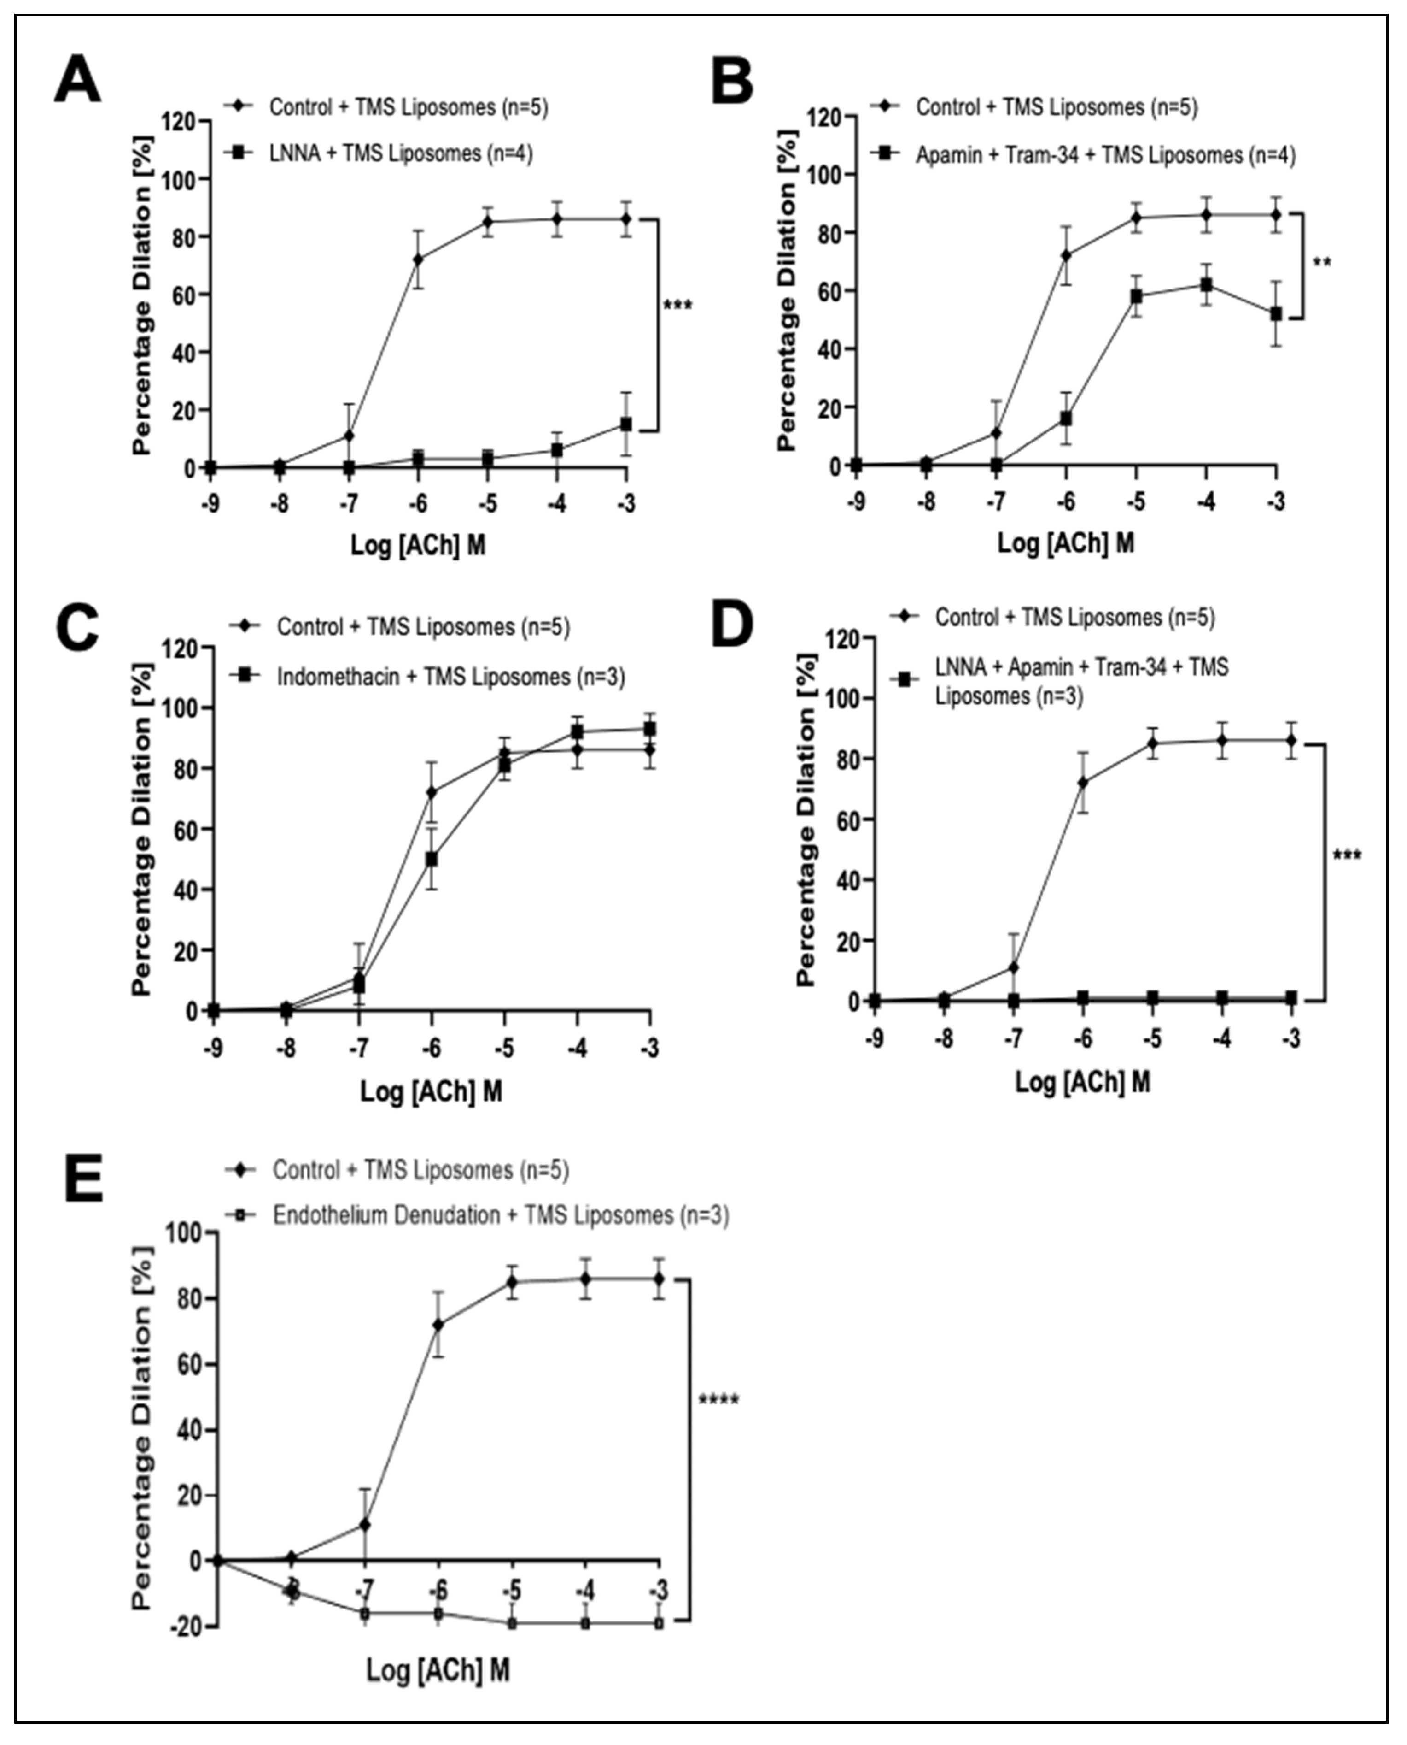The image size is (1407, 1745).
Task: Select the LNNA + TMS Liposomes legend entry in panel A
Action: pyautogui.click(x=400, y=153)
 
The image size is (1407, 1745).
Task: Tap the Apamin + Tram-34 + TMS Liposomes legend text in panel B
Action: pyautogui.click(x=1105, y=155)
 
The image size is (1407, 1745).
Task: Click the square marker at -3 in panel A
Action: pyautogui.click(x=626, y=424)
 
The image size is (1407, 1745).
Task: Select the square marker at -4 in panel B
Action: pyautogui.click(x=1207, y=285)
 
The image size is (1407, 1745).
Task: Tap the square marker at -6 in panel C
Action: pyautogui.click(x=432, y=859)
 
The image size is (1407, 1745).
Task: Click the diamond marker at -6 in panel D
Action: pyautogui.click(x=1083, y=783)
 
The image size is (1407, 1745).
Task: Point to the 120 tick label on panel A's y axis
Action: pyautogui.click(x=180, y=122)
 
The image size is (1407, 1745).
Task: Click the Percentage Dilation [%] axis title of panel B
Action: pyautogui.click(x=787, y=290)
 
